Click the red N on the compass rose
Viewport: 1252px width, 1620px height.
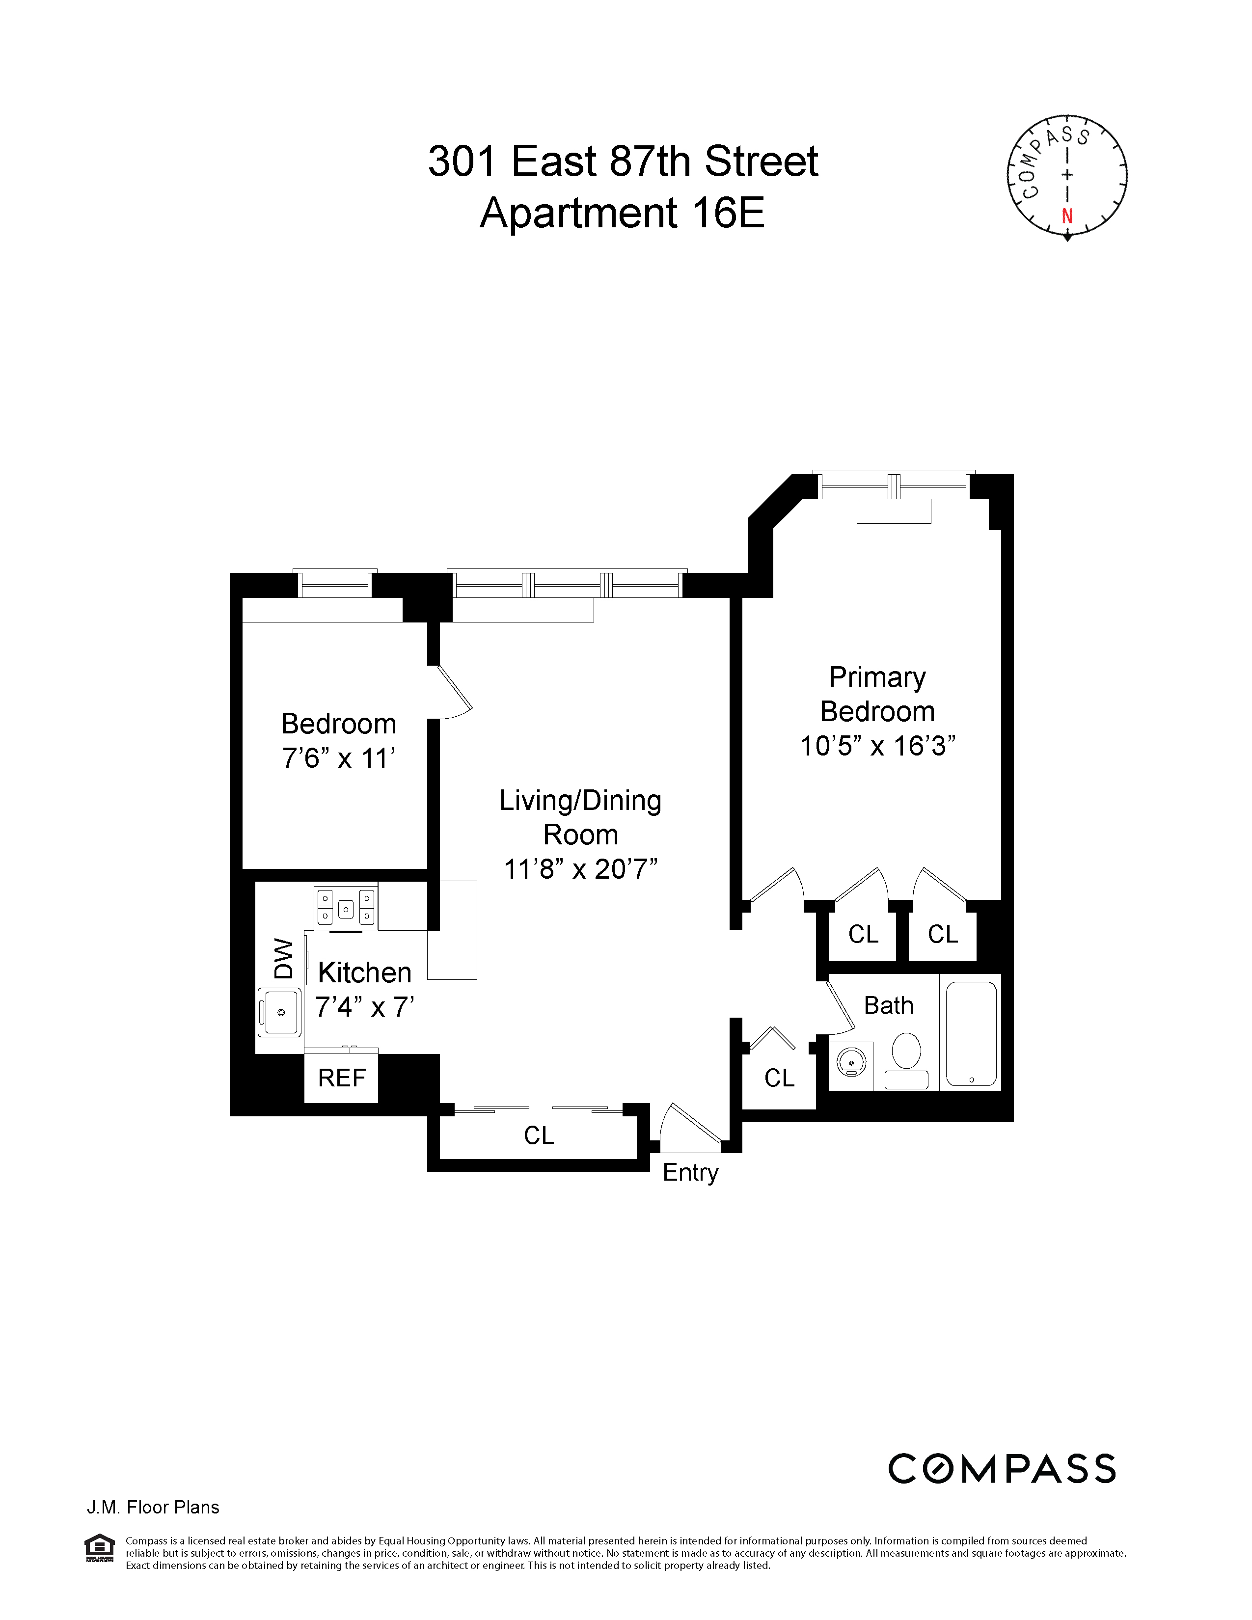[1067, 216]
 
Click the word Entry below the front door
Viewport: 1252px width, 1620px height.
[690, 1173]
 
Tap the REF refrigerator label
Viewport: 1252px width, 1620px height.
[342, 1078]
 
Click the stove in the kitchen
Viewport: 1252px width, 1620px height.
[346, 906]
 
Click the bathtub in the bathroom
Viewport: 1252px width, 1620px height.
[971, 1033]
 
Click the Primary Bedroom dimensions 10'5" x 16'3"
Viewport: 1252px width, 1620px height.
[877, 746]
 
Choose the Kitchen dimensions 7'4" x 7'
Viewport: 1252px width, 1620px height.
[364, 1007]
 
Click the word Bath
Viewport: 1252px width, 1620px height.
[889, 1006]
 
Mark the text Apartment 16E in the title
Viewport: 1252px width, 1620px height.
[622, 214]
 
